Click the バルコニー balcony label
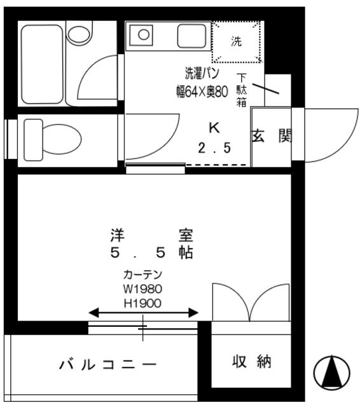108,365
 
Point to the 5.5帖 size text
151,252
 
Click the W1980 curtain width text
142,288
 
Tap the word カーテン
142,275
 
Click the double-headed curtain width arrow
143,313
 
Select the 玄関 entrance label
272,136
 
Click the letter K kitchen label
214,128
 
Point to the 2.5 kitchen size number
214,148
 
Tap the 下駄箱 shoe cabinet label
242,90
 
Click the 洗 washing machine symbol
237,42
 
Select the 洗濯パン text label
202,73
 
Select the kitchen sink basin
191,36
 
